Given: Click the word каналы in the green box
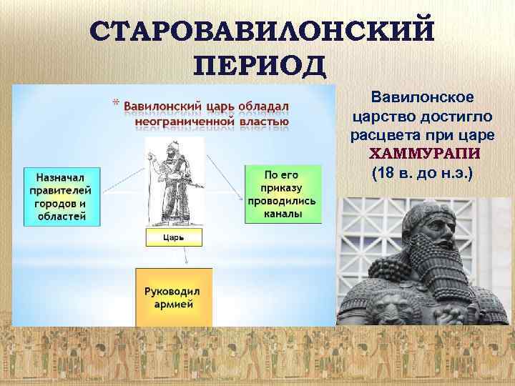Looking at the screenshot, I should (282, 213).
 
